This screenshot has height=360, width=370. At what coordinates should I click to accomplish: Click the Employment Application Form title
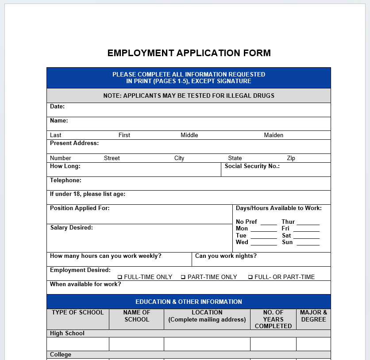coord(189,53)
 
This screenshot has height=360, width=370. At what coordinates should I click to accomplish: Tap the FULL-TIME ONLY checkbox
coord(119,277)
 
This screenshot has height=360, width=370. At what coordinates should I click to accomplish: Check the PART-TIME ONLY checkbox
coord(183,277)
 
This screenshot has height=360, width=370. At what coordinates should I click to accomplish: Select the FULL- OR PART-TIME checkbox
coord(250,277)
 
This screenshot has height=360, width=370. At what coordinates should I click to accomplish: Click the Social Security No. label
coord(252,166)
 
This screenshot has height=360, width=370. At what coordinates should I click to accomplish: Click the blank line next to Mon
coord(264,231)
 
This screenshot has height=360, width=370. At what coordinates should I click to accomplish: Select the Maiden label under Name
coord(274,135)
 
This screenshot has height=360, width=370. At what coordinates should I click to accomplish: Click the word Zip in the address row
coord(291,158)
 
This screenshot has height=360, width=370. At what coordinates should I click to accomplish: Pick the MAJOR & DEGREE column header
coord(313,316)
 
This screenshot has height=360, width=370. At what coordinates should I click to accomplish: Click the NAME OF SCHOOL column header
coord(137,316)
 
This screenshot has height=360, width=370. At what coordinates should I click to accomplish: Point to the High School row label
coord(67,333)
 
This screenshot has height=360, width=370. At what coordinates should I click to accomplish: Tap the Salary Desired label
coord(72,228)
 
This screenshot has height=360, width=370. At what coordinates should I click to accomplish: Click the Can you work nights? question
coord(226,256)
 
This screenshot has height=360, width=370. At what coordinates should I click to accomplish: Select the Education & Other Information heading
coord(189,302)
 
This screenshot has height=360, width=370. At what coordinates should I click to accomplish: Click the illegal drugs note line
coord(189,96)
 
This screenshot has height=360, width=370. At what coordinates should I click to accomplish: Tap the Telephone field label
coord(66,180)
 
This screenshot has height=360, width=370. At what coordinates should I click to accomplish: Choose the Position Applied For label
coord(80,208)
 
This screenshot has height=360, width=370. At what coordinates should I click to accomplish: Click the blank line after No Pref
coord(269,224)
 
